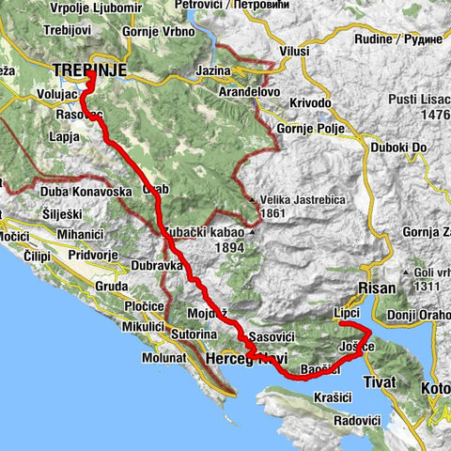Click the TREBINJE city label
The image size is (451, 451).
pos(89,70)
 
